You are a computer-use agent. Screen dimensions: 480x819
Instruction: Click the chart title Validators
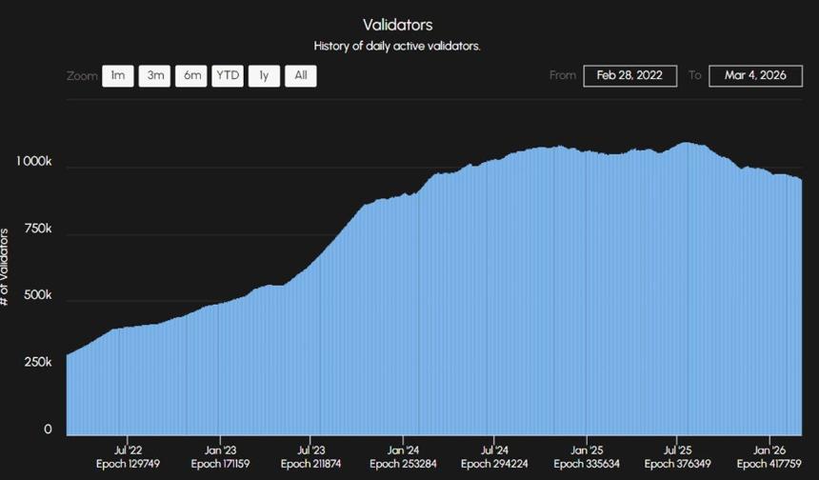(397, 25)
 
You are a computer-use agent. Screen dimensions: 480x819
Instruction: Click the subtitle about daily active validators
(397, 46)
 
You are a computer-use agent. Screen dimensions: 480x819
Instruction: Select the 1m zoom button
(117, 76)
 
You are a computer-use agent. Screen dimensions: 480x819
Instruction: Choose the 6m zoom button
(190, 76)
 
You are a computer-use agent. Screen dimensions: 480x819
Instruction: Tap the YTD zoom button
(227, 76)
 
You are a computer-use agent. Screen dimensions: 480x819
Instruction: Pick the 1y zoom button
(264, 76)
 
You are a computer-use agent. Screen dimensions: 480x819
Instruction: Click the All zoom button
(300, 76)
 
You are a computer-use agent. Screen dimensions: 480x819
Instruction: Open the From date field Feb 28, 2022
(630, 76)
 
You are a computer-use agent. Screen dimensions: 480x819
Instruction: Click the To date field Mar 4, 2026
(755, 76)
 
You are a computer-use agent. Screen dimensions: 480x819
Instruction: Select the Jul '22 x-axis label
(128, 450)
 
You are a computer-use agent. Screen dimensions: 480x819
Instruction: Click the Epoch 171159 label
(220, 464)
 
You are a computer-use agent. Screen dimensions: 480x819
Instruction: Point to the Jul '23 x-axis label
(311, 450)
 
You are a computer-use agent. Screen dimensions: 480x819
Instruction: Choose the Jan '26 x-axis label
(769, 450)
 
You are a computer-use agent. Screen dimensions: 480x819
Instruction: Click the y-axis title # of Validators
(6, 267)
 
